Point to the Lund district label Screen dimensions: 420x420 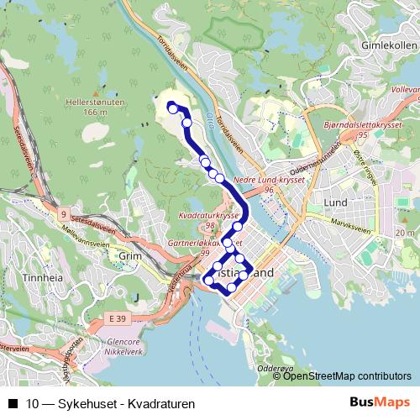point(335,203)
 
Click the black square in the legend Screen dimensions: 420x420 point(12,403)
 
